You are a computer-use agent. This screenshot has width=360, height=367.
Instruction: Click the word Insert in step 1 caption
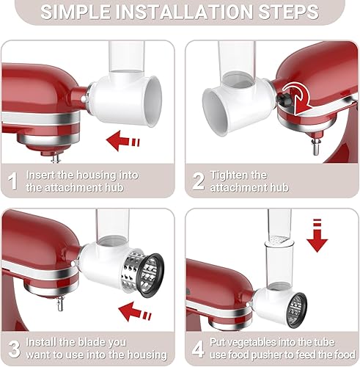click(x=41, y=175)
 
